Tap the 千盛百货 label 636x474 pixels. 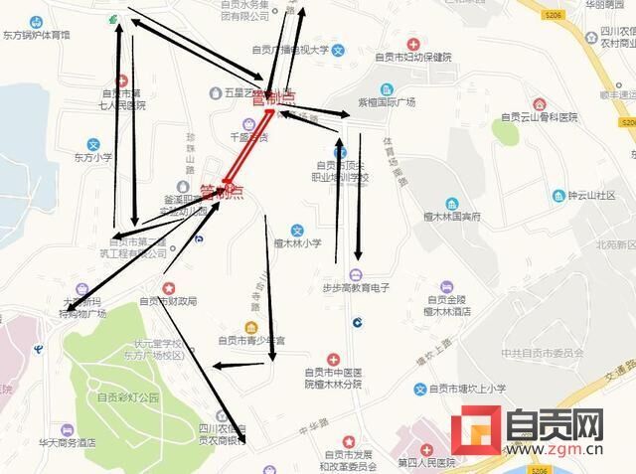(x=248, y=137)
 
